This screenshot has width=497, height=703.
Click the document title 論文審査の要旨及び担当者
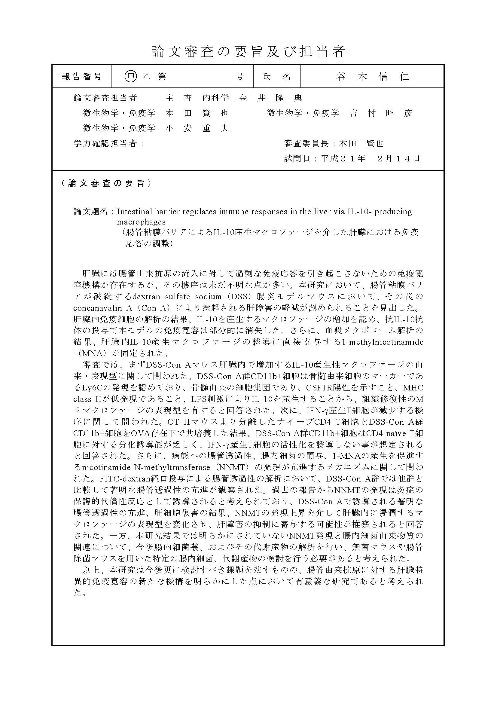[x=248, y=52]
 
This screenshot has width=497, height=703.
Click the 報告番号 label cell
[x=82, y=77]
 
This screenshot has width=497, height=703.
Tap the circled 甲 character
[x=131, y=77]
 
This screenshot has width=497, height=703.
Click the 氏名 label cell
[x=277, y=77]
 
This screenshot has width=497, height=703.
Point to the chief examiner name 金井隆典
[x=270, y=98]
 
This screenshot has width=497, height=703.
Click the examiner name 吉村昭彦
[x=381, y=113]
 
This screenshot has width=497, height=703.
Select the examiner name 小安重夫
[x=197, y=128]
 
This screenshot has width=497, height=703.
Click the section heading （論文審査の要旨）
[x=106, y=183]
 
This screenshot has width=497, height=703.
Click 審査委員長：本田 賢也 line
[x=334, y=143]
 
